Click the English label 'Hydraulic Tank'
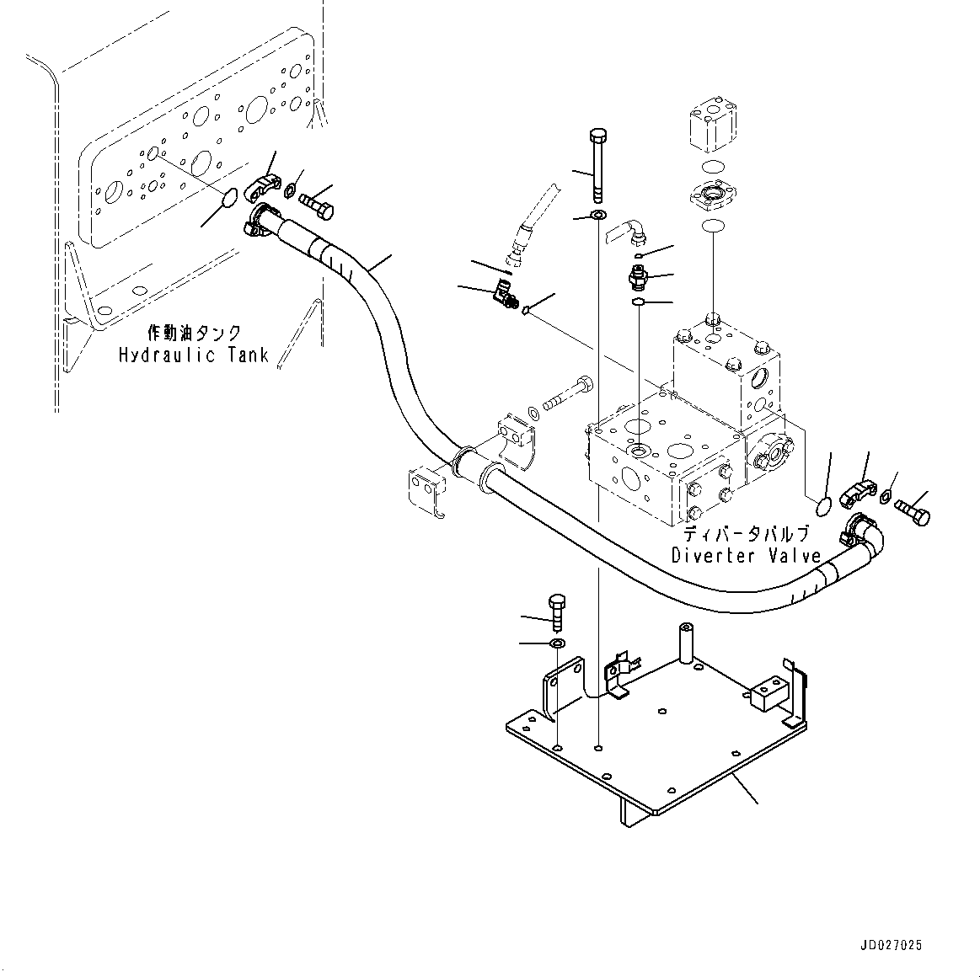(x=193, y=355)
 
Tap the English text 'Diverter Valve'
(x=746, y=556)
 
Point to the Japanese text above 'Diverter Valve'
(x=746, y=534)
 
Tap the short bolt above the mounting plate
(x=555, y=612)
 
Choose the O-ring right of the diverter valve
(x=823, y=505)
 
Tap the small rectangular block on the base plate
(x=767, y=690)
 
